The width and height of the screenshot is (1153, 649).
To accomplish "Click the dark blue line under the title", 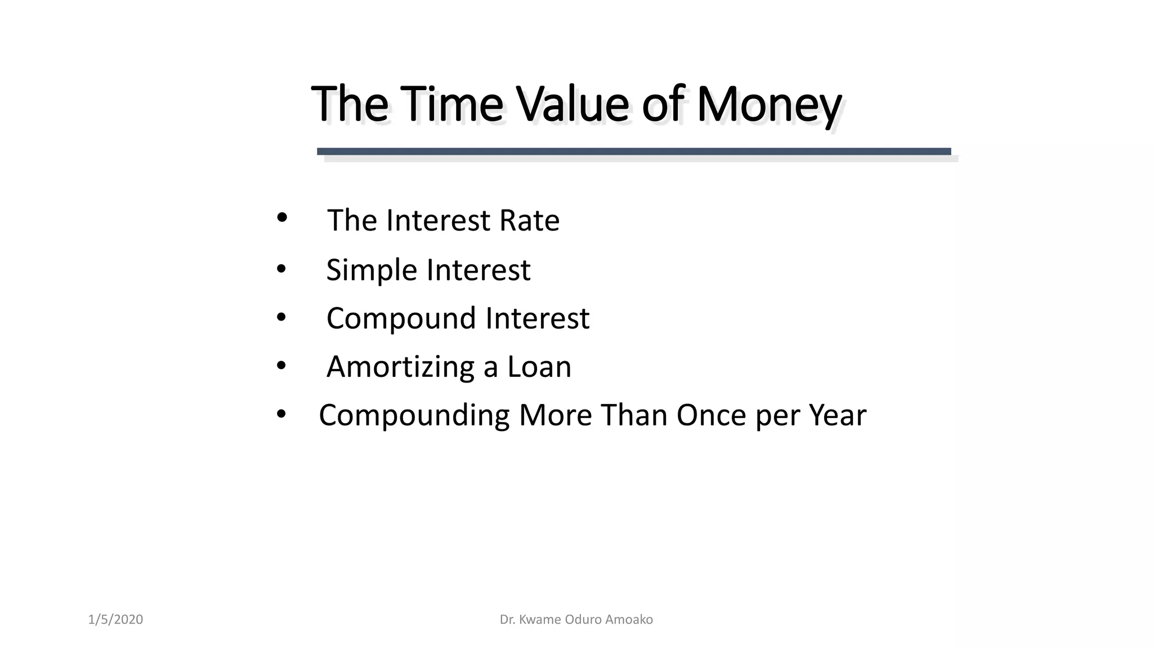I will (x=633, y=152).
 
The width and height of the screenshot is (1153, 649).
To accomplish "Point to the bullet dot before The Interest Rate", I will (x=282, y=217).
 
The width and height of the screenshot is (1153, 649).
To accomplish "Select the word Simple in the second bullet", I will (x=372, y=270).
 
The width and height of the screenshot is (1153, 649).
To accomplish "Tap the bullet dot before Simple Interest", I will (x=281, y=268).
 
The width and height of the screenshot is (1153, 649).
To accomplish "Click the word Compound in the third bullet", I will (x=401, y=319).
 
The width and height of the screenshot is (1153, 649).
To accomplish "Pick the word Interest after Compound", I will (x=537, y=318).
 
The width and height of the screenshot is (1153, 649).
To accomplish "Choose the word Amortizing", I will (x=400, y=367).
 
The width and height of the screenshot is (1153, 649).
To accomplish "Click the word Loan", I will (x=539, y=367).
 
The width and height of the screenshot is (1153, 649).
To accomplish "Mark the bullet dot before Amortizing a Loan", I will (x=281, y=366).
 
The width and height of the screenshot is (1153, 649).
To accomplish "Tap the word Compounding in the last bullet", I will (x=414, y=416).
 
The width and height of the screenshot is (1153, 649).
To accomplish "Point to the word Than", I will (x=633, y=415).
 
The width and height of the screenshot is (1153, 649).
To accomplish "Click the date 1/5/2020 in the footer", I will (x=115, y=620).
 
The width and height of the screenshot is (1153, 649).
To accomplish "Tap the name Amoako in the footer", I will (x=629, y=620).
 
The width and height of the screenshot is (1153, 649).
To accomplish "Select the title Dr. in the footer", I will (x=507, y=620).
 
